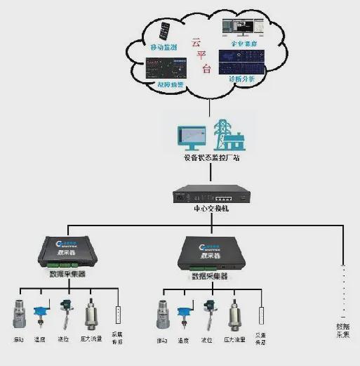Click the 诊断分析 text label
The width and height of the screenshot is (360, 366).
click(243, 79)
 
